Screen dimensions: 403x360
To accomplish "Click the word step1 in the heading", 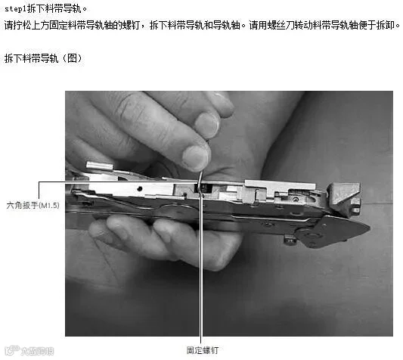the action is pyautogui.click(x=16, y=9).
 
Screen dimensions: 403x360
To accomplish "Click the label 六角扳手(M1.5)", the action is pyautogui.click(x=33, y=205).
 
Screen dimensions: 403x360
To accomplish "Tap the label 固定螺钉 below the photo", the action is pyautogui.click(x=203, y=350).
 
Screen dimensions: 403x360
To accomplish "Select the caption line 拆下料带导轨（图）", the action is pyautogui.click(x=43, y=58).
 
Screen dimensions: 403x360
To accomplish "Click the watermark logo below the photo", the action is pyautogui.click(x=30, y=350).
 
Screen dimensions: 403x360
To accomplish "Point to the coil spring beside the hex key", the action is pyautogui.click(x=204, y=188).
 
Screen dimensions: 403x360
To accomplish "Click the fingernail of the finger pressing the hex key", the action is pyautogui.click(x=195, y=158).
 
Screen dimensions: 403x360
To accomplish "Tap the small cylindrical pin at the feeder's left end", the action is pyautogui.click(x=100, y=166).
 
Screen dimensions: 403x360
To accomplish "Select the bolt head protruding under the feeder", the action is pyautogui.click(x=290, y=240).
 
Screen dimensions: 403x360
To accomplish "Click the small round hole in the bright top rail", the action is pyautogui.click(x=140, y=189).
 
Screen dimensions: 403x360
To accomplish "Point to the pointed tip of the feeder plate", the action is pyautogui.click(x=370, y=228).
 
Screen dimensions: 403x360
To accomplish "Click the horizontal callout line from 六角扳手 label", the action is pyautogui.click(x=118, y=182).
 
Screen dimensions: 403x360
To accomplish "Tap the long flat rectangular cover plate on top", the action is pyautogui.click(x=281, y=185).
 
